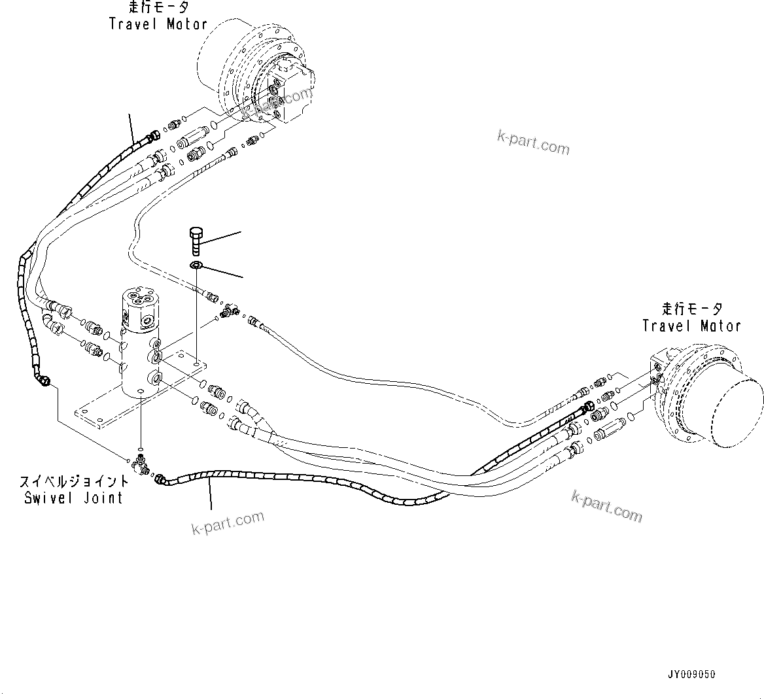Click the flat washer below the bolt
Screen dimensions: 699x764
(x=196, y=265)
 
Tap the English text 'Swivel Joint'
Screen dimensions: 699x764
(x=73, y=498)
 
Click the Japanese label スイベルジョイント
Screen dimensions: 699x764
(x=74, y=483)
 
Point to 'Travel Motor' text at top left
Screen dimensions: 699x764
(x=158, y=24)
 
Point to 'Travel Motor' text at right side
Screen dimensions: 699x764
(x=691, y=325)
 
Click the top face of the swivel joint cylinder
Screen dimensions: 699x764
(x=140, y=300)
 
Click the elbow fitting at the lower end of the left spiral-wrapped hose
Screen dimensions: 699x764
(x=44, y=379)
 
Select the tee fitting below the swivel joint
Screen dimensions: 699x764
(x=140, y=463)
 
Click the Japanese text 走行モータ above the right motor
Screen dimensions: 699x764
(x=691, y=308)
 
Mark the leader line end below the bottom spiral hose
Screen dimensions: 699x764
(x=211, y=509)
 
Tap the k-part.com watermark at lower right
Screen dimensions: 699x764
(x=606, y=506)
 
